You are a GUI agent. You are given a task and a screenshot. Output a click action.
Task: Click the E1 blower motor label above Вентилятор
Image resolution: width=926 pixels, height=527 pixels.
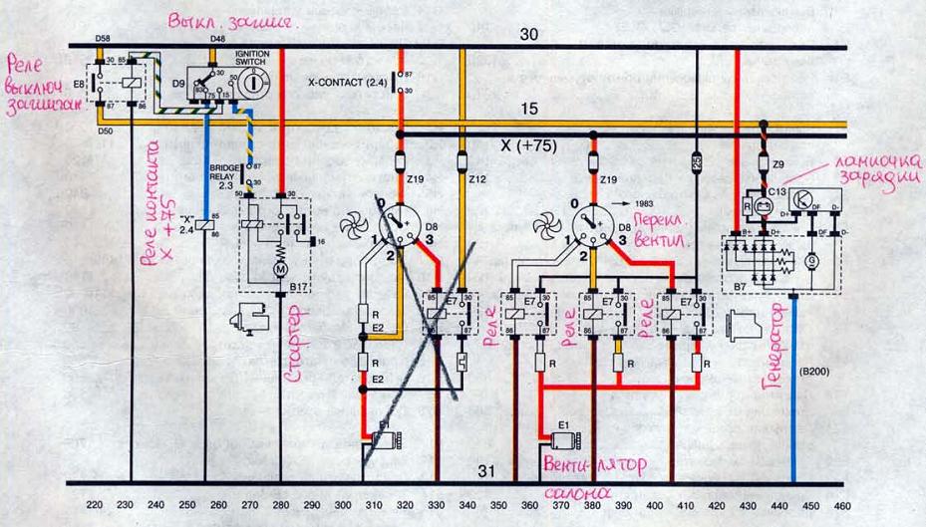click(565, 424)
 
